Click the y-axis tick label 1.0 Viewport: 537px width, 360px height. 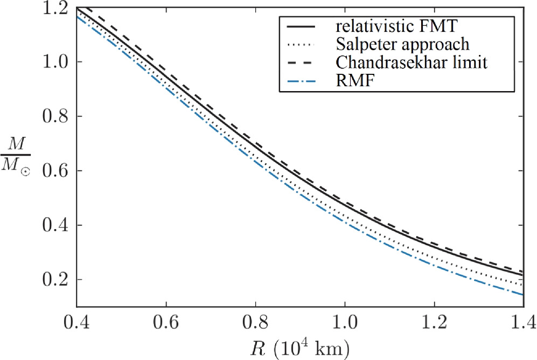(x=55, y=61)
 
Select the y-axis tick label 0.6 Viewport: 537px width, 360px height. (x=55, y=170)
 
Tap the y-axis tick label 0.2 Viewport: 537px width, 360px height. (x=55, y=279)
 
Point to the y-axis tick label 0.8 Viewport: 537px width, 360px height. (x=55, y=116)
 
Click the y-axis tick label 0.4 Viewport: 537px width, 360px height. (x=55, y=225)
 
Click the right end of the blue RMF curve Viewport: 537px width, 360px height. (x=522, y=294)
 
